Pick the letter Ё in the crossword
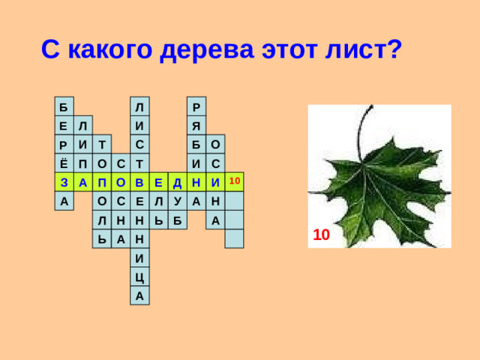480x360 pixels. (64, 163)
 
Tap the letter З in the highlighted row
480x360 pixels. (64, 182)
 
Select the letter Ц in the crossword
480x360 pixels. (139, 277)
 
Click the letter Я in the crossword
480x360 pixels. (196, 124)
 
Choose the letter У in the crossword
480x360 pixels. (177, 201)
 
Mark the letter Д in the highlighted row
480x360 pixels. (177, 182)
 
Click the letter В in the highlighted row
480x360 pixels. (139, 182)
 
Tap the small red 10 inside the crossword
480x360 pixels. (234, 181)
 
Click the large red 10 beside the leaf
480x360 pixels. (321, 235)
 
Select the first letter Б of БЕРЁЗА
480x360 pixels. (64, 106)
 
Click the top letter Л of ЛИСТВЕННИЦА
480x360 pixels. (139, 106)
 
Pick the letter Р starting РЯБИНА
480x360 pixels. (196, 106)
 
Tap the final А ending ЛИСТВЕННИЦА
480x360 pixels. (139, 296)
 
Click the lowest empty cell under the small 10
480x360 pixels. (234, 239)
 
